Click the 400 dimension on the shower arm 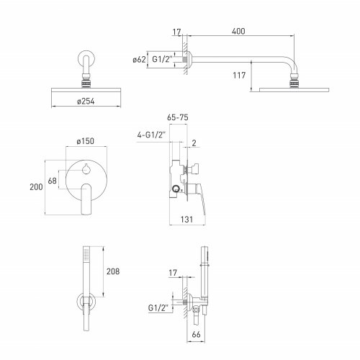238,31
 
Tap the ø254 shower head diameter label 86,102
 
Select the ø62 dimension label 139,59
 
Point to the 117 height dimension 239,76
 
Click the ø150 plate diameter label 86,141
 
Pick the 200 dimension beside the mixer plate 36,186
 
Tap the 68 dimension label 53,181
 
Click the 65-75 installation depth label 178,117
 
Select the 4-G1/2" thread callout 151,135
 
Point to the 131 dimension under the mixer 186,219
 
